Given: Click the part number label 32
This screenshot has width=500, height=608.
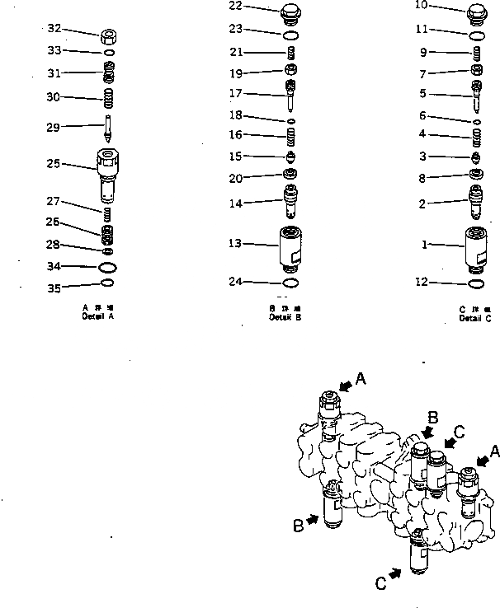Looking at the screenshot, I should coord(54,28).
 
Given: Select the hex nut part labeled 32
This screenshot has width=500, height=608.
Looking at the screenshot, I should coord(107,38).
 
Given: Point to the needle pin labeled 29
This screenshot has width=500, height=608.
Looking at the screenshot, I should coord(107,131).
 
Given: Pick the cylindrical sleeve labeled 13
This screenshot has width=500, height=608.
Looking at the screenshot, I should coord(290,246).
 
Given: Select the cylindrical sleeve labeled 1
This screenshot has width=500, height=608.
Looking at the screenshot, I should coord(475,246).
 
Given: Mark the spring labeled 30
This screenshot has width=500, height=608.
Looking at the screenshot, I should coord(107,101).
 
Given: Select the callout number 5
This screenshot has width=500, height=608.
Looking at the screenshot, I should coord(423,93).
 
